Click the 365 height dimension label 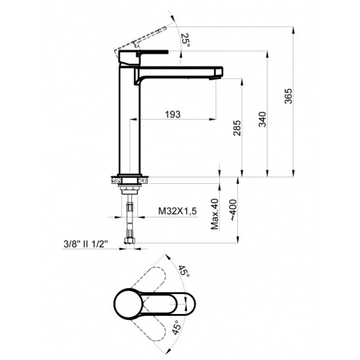tap(289, 96)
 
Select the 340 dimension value tap(263, 119)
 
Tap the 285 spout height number tap(237, 128)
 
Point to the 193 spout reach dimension tap(173, 114)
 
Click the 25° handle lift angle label tap(186, 40)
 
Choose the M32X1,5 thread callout tap(177, 211)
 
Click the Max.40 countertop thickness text tap(215, 214)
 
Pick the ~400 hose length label tap(233, 210)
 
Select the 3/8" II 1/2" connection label tap(86, 244)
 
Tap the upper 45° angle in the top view tap(184, 271)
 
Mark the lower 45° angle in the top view tap(177, 328)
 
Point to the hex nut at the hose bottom tap(130, 241)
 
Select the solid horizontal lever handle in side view tap(152, 52)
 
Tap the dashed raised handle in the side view tap(140, 39)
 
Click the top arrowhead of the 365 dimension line tap(293, 30)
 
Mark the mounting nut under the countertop tap(129, 189)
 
